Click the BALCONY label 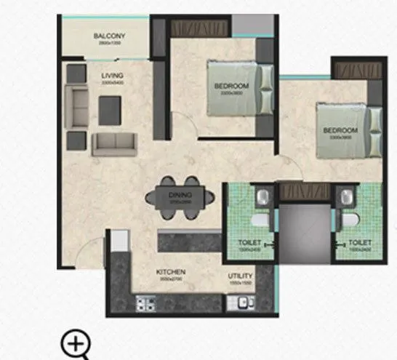click(x=110, y=36)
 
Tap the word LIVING click(x=113, y=75)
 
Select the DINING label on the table click(x=179, y=194)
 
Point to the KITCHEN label click(x=172, y=273)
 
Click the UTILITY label click(x=241, y=276)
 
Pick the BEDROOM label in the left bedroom click(x=227, y=87)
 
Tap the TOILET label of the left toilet click(x=249, y=243)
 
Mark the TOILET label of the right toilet click(x=359, y=243)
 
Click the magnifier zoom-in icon click(x=75, y=343)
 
